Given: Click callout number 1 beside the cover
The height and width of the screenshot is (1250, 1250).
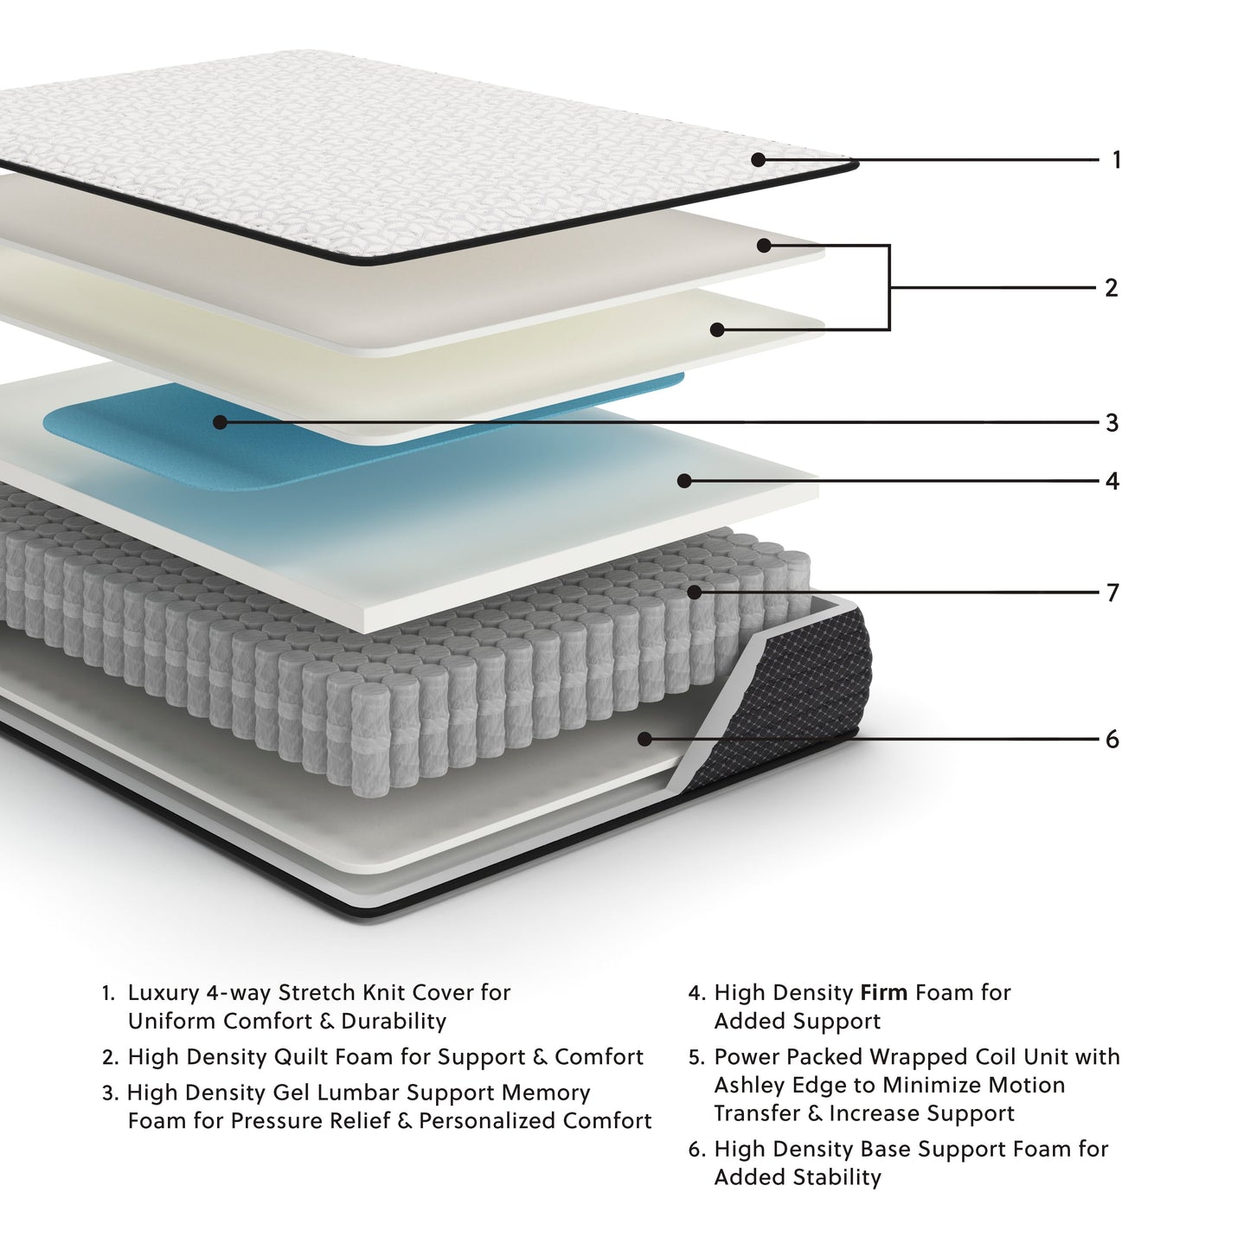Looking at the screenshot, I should coord(1116,160).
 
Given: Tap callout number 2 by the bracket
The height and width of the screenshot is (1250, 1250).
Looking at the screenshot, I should coord(1112,288).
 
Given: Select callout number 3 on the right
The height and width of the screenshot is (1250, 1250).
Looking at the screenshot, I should coord(1112,423).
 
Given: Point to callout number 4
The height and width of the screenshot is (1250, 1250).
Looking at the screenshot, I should coord(1112,481).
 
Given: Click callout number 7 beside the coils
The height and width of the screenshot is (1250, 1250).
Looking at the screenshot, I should coord(1112,593).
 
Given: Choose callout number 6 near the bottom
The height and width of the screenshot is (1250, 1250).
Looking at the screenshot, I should coord(1112,740).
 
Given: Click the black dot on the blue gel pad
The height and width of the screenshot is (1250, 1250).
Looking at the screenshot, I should coord(220,422).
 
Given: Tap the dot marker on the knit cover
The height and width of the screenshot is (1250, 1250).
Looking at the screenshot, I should coord(758,160).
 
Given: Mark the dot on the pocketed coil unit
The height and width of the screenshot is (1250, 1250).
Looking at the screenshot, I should coord(695,593).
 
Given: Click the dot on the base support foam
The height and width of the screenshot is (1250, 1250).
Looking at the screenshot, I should coord(644,739).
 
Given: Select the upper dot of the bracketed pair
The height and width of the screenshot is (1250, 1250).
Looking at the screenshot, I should coord(763,246).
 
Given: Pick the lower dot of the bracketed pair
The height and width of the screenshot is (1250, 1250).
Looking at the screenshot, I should coord(716,330).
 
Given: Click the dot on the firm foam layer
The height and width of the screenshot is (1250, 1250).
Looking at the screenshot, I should coord(684,480).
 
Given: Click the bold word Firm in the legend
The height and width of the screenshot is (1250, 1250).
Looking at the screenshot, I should coord(883,993).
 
